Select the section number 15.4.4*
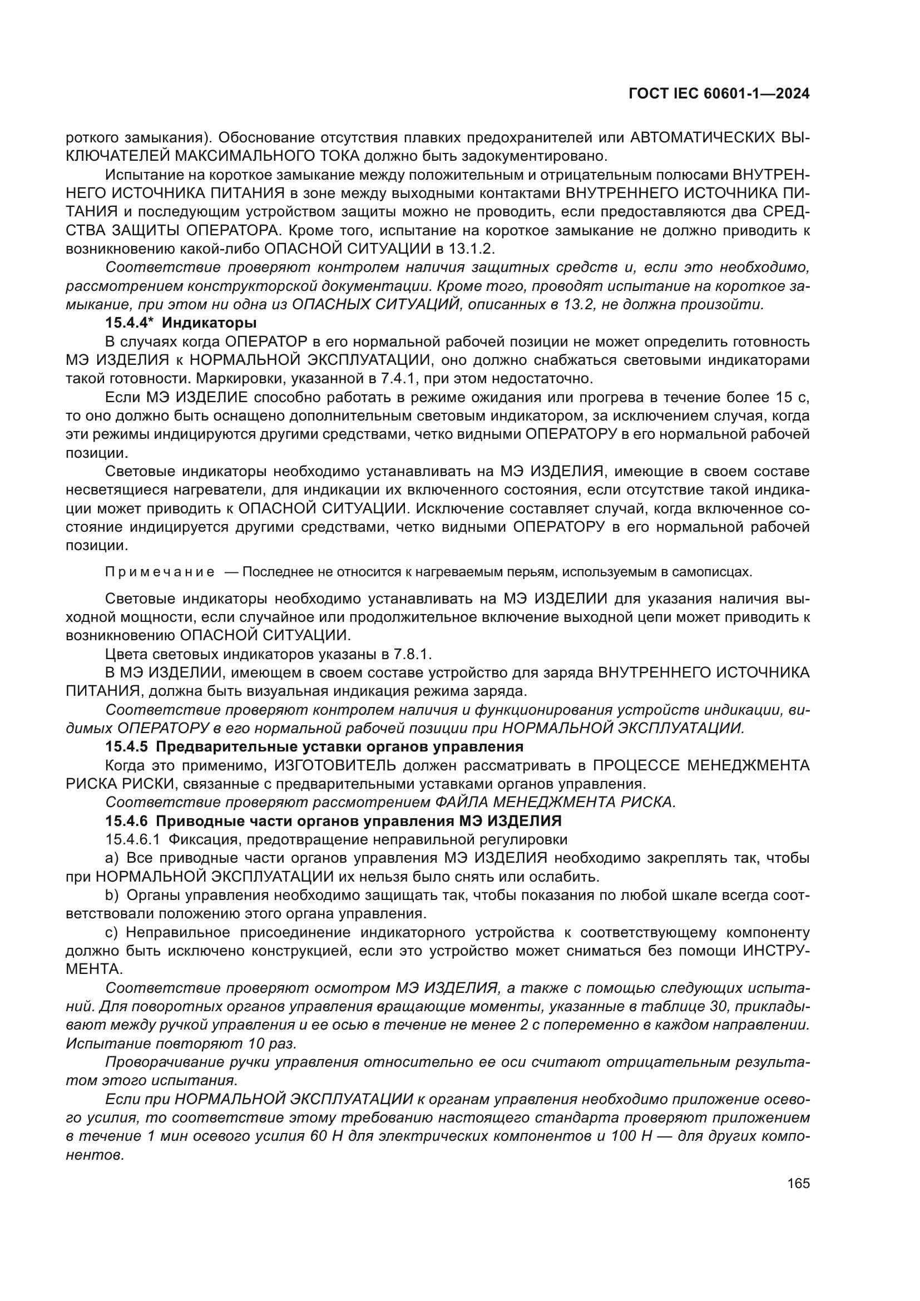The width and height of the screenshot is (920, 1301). point(130,324)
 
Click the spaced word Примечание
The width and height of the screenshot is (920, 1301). point(160,572)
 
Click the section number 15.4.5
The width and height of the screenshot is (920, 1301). point(126,746)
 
